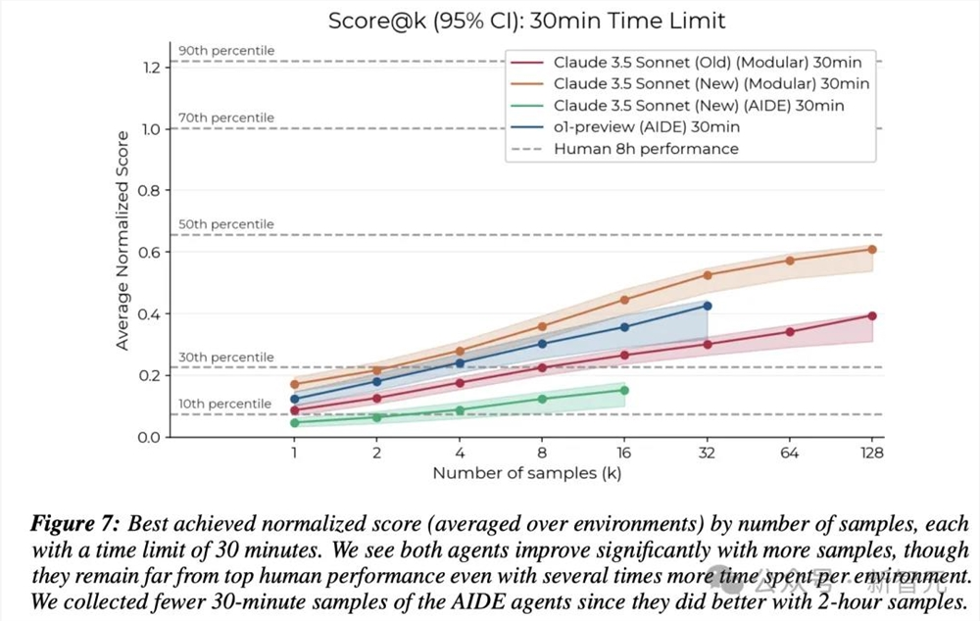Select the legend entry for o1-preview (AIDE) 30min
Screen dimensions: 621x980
(646, 126)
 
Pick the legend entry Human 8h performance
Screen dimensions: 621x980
(646, 149)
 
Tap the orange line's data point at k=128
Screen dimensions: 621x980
(871, 249)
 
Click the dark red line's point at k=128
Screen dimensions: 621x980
(871, 315)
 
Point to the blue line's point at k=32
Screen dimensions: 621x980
(707, 306)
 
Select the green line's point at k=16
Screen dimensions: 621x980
(624, 390)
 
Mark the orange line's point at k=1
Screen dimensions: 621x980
(294, 384)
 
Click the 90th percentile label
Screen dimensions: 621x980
(226, 51)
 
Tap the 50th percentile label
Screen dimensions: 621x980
(226, 224)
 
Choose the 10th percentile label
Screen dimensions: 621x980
(224, 404)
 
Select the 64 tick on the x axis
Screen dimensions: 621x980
(789, 453)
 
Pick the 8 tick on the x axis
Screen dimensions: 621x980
(542, 453)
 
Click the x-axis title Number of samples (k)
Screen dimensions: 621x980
(527, 474)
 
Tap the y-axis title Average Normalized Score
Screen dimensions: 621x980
(122, 240)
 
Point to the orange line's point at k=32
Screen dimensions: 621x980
(707, 275)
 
